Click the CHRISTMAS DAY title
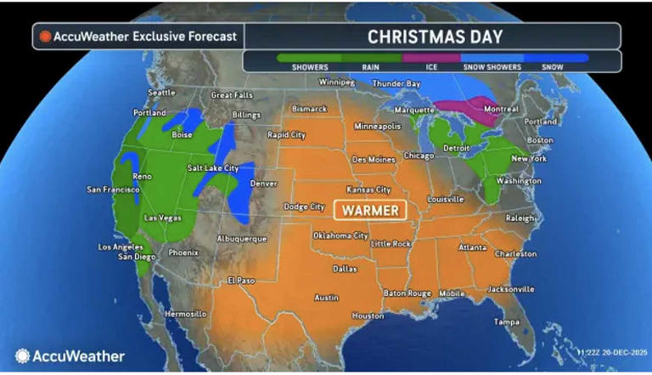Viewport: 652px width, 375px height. click(x=435, y=36)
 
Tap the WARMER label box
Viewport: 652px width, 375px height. click(x=370, y=209)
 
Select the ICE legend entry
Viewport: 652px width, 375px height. click(x=431, y=66)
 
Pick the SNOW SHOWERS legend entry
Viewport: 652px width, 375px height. click(x=491, y=66)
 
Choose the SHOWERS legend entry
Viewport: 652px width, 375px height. click(x=310, y=66)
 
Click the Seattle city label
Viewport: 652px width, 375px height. click(x=162, y=93)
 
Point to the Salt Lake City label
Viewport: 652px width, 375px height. click(x=213, y=169)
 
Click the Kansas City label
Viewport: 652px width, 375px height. click(x=368, y=190)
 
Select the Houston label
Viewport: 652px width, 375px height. click(x=368, y=315)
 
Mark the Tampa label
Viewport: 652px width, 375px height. click(x=508, y=322)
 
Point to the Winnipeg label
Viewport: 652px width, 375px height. click(x=334, y=82)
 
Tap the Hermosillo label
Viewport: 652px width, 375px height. click(x=185, y=314)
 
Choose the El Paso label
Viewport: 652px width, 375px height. click(x=241, y=280)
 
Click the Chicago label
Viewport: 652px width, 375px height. click(x=419, y=156)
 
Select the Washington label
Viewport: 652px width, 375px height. click(x=518, y=181)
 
